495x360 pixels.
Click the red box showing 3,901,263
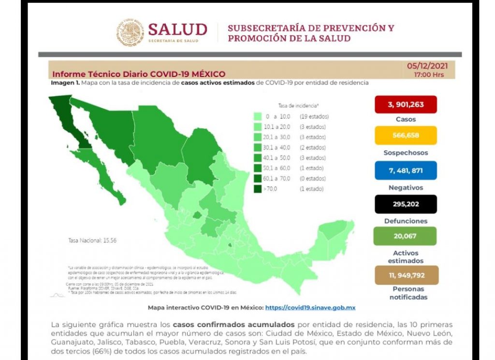406,105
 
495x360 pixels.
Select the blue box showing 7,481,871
406,170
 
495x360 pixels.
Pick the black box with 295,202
406,204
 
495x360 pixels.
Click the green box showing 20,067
406,236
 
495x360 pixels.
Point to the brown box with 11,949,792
406,275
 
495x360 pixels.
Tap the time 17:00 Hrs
428,75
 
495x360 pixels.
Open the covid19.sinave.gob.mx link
310,307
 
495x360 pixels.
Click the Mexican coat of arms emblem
131,32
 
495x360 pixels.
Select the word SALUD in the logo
177,29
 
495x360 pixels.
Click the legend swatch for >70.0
258,189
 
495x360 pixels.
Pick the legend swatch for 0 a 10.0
258,117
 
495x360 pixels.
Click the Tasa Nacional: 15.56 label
92,240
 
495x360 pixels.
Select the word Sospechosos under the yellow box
406,153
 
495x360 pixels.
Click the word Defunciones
406,221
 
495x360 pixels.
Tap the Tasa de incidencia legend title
298,105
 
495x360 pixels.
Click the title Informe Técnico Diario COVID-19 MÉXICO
139,74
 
